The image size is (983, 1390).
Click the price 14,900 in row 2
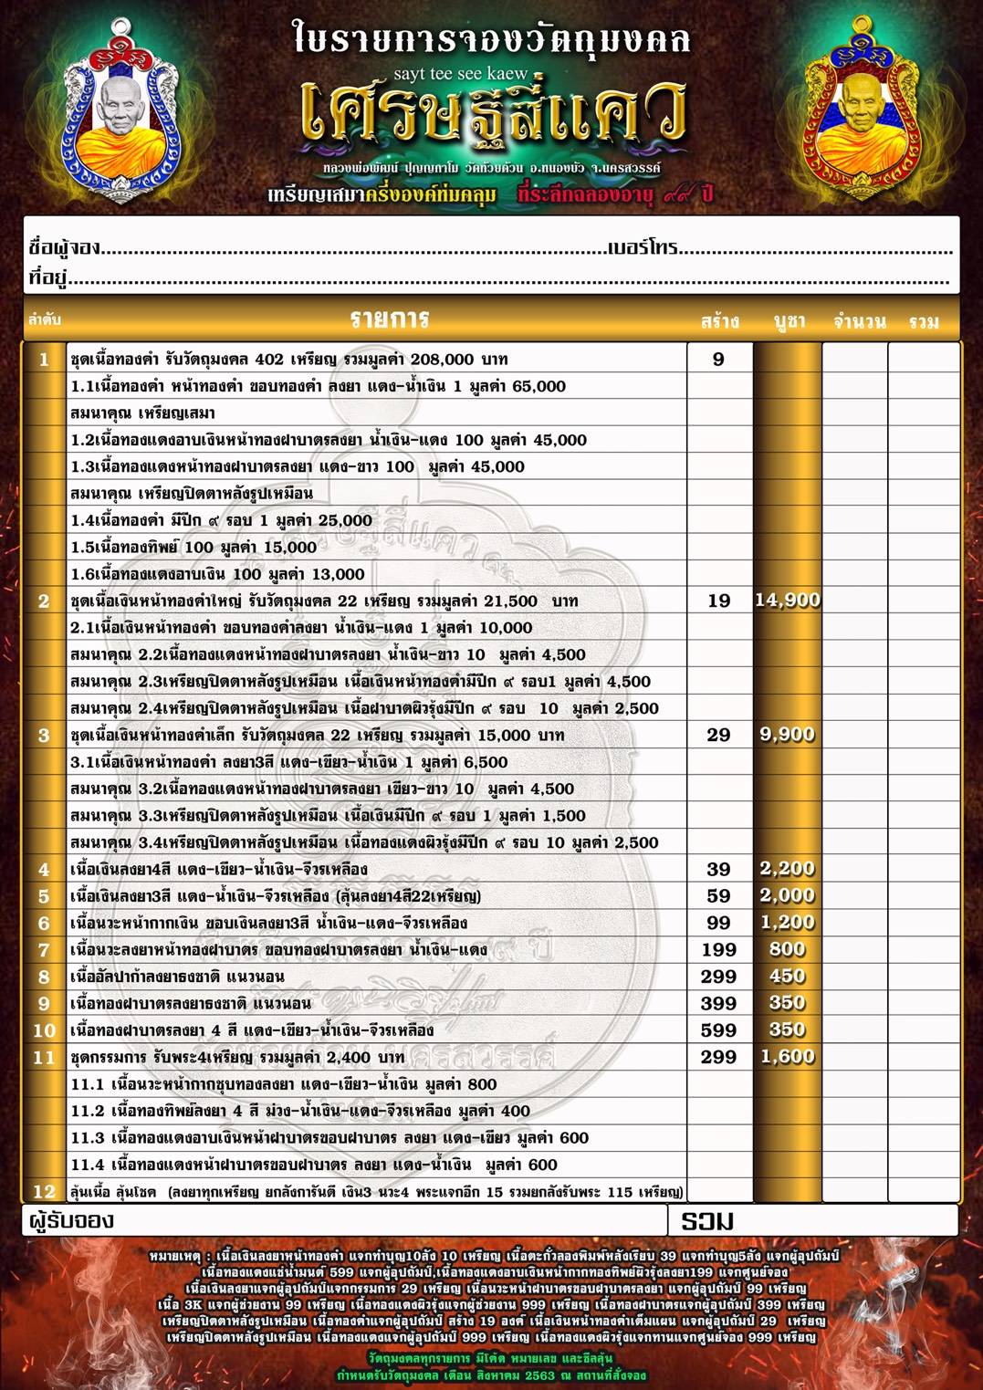click(x=788, y=601)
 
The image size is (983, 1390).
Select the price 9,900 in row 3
click(x=787, y=735)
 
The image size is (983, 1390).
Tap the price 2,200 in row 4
click(x=787, y=869)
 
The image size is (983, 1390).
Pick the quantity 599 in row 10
click(x=718, y=1030)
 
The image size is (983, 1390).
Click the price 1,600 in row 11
click(x=787, y=1057)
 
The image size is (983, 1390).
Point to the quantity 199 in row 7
click(x=718, y=950)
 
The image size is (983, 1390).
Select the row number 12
click(x=44, y=1191)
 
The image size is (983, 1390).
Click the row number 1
click(x=44, y=360)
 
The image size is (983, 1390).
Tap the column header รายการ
click(x=390, y=319)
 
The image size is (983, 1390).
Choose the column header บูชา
click(x=789, y=321)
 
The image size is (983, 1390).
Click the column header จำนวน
click(x=859, y=322)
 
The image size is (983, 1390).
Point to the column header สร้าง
click(x=720, y=322)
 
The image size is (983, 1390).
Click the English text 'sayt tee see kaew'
click(x=461, y=73)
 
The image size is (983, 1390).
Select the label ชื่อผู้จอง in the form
click(x=64, y=248)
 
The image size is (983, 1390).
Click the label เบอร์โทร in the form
click(x=643, y=248)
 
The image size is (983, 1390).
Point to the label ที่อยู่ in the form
click(x=48, y=278)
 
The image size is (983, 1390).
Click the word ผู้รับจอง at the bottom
click(x=71, y=1221)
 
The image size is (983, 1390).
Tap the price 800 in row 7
click(x=787, y=950)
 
